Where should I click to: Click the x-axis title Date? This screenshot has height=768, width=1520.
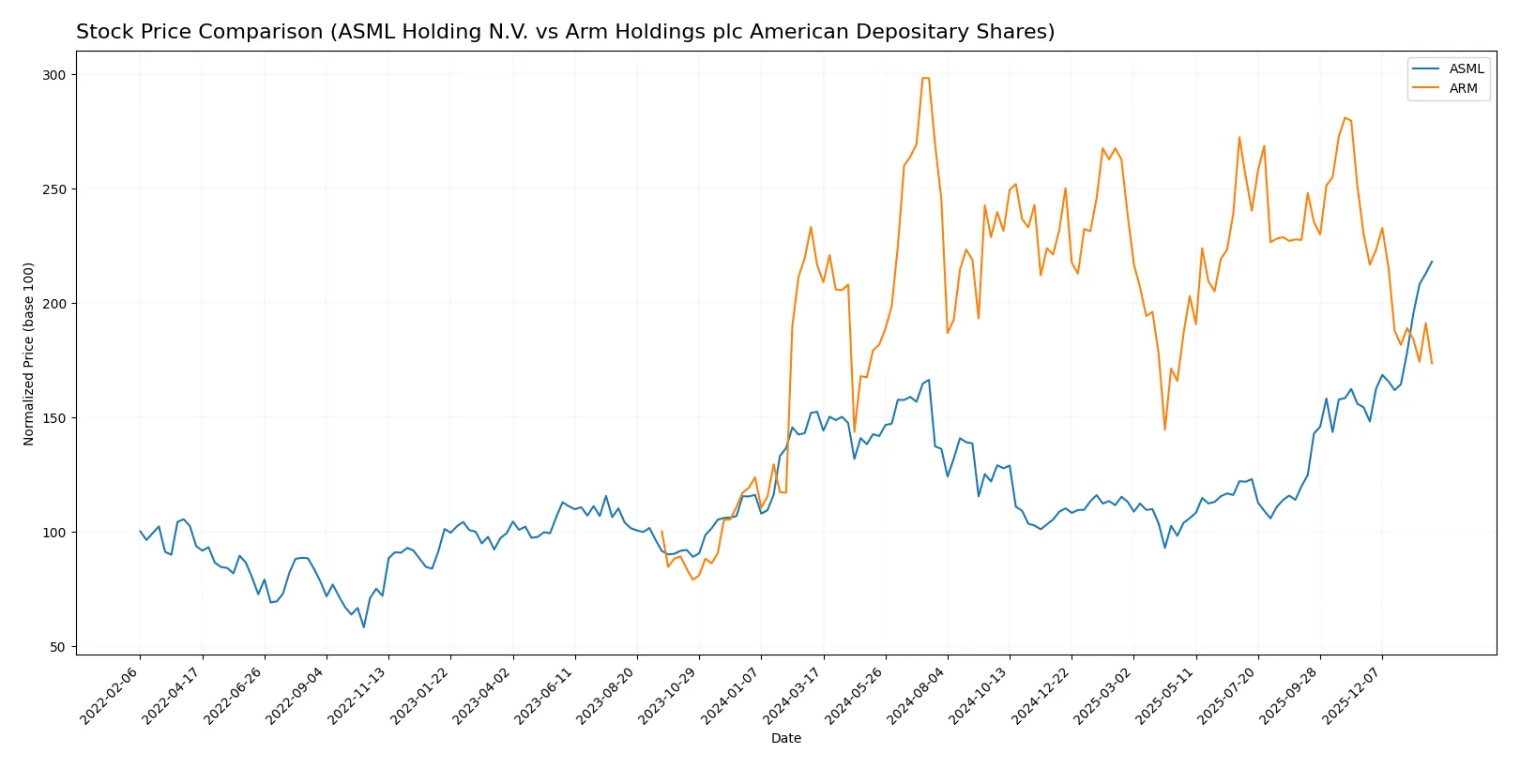coord(785,738)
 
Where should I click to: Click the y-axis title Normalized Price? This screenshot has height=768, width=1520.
coord(29,354)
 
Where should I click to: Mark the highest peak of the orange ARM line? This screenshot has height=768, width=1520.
coord(925,78)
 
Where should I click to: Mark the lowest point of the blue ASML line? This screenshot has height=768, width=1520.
coord(364,626)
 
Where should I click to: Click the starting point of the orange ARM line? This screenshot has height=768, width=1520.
coord(661,532)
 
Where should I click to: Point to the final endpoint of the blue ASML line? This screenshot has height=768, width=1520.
coord(1432,262)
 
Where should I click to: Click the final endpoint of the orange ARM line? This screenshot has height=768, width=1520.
coord(1432,363)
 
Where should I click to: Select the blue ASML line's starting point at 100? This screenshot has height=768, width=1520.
coord(140,532)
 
